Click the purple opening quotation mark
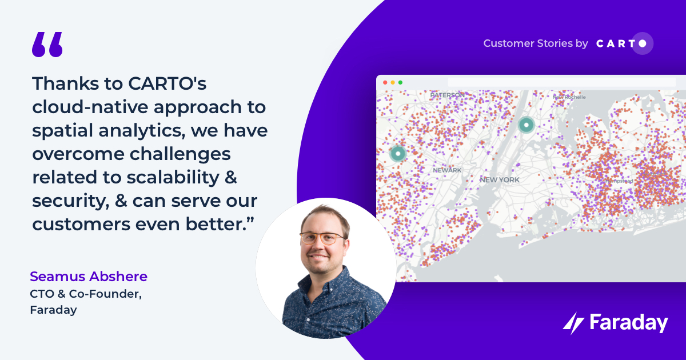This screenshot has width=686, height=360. (x=47, y=45)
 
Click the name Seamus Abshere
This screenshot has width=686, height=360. (x=89, y=277)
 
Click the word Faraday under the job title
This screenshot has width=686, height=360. (x=53, y=310)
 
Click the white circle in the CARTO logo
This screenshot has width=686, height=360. (x=643, y=43)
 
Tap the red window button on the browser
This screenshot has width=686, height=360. (x=385, y=82)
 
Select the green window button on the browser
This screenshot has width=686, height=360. (x=400, y=82)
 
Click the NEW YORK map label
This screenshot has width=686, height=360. (x=500, y=179)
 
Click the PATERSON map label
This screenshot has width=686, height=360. (x=448, y=95)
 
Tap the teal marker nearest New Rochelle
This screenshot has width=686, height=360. (x=526, y=124)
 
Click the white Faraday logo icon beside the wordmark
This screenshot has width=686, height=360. (x=573, y=324)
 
